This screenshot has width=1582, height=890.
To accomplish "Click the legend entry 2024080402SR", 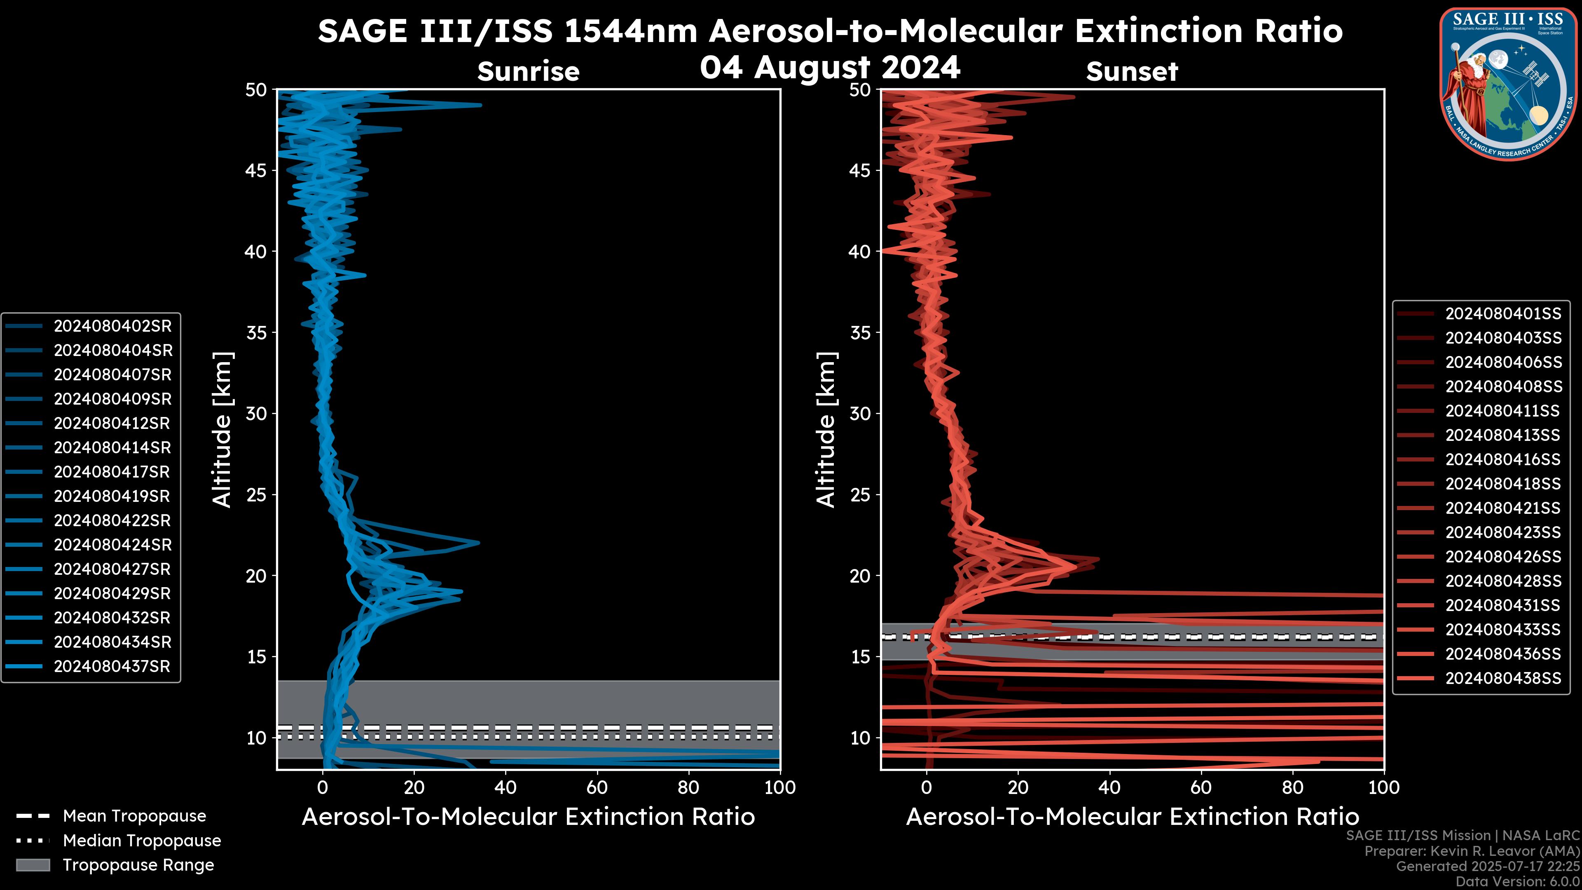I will click(112, 326).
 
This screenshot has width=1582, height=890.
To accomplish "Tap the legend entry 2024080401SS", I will click(1503, 314).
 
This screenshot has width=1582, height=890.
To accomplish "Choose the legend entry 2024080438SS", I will click(1503, 678).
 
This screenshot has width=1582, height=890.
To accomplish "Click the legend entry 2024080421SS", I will click(1503, 508).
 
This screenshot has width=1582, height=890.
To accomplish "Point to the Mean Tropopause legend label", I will click(134, 816).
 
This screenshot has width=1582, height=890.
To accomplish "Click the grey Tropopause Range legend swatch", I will click(33, 865).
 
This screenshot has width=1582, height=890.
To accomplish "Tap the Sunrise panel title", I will click(528, 71).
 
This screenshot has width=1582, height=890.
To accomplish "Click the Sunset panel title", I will click(1132, 71).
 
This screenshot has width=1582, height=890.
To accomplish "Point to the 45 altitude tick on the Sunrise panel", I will click(256, 170).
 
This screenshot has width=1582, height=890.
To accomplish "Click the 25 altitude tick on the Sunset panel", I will click(860, 494).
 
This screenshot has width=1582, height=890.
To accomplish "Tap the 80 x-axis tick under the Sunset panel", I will click(1293, 787).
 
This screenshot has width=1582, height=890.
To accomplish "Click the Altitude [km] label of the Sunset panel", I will click(826, 430).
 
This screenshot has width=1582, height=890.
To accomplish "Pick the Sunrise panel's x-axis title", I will click(528, 817).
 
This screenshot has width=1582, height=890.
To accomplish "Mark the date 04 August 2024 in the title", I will click(830, 67).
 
